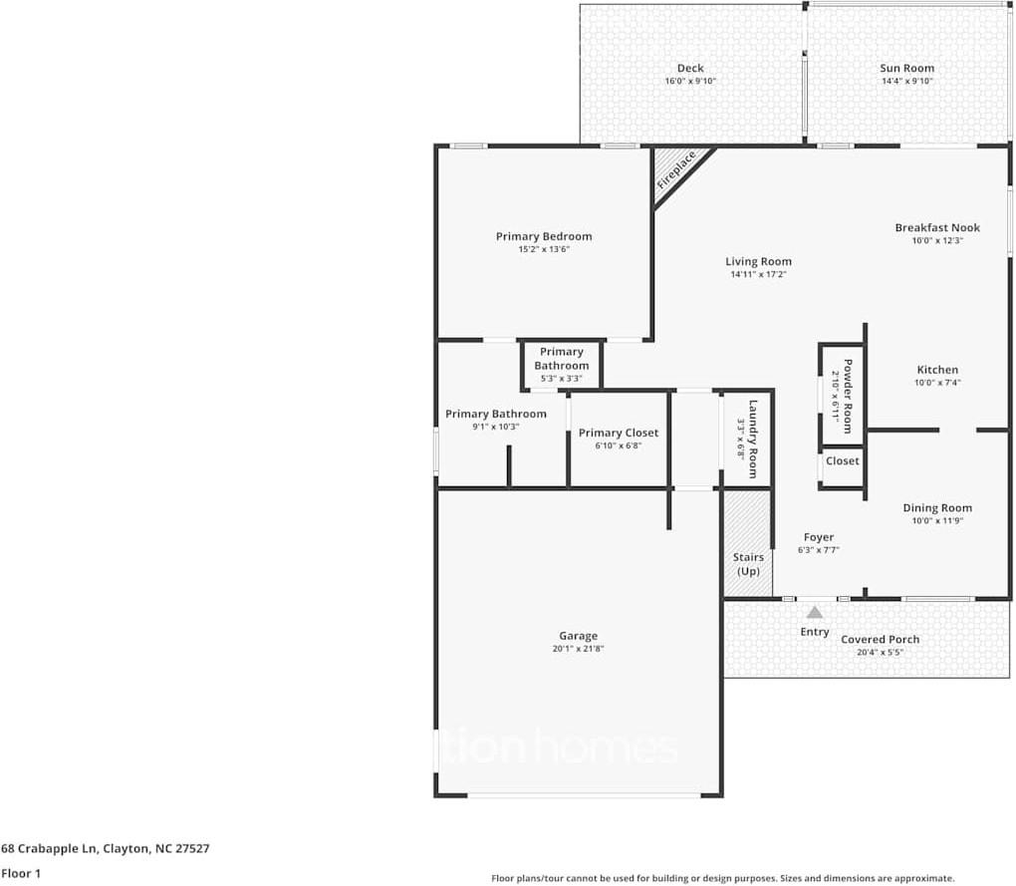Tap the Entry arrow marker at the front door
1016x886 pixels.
(815, 612)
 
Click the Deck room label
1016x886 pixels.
(690, 69)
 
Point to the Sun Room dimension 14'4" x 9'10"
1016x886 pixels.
(906, 82)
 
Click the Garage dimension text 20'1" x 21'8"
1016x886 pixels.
(579, 649)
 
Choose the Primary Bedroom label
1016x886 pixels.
(544, 236)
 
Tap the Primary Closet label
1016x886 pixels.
(619, 433)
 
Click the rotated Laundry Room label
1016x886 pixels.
(754, 439)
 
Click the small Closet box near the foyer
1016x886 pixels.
(842, 461)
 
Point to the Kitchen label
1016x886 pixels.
(937, 370)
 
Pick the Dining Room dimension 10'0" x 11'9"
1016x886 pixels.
(936, 520)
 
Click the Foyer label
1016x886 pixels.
(819, 537)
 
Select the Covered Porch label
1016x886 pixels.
(881, 640)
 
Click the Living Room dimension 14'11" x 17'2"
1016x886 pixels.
(758, 274)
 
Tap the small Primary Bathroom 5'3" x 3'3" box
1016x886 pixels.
(562, 365)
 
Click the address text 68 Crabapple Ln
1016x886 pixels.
(50, 849)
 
